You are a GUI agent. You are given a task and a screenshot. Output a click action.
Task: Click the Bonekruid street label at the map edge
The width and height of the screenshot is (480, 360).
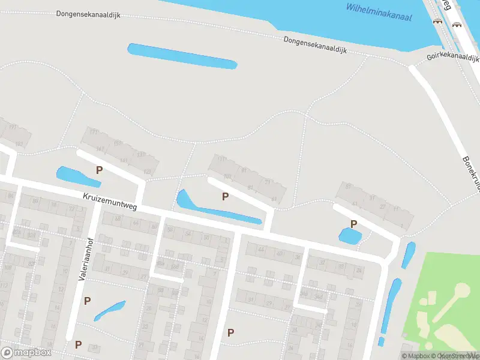click(471, 174)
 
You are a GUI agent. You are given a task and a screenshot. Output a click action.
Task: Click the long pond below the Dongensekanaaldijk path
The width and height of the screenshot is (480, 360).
click(182, 56)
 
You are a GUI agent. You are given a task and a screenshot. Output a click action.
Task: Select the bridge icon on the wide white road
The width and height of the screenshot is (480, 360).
click(458, 24)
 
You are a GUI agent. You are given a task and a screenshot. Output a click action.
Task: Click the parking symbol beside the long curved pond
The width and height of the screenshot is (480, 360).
click(225, 196)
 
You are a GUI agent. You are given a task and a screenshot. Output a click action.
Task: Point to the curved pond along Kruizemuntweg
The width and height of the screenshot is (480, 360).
click(204, 208)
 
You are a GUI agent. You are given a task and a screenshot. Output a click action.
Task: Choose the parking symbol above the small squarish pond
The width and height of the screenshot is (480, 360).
click(354, 224)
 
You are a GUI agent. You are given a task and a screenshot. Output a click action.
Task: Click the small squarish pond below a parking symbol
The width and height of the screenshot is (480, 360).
click(350, 236)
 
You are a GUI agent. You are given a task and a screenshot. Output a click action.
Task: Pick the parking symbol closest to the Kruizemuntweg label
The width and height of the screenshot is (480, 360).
click(99, 170)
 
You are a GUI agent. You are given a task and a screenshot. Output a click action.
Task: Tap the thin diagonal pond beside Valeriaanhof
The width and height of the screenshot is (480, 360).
click(109, 310)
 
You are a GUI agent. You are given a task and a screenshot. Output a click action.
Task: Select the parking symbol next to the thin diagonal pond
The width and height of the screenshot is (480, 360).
click(88, 301)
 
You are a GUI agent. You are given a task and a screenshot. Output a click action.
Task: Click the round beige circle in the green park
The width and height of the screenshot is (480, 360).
click(461, 291)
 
